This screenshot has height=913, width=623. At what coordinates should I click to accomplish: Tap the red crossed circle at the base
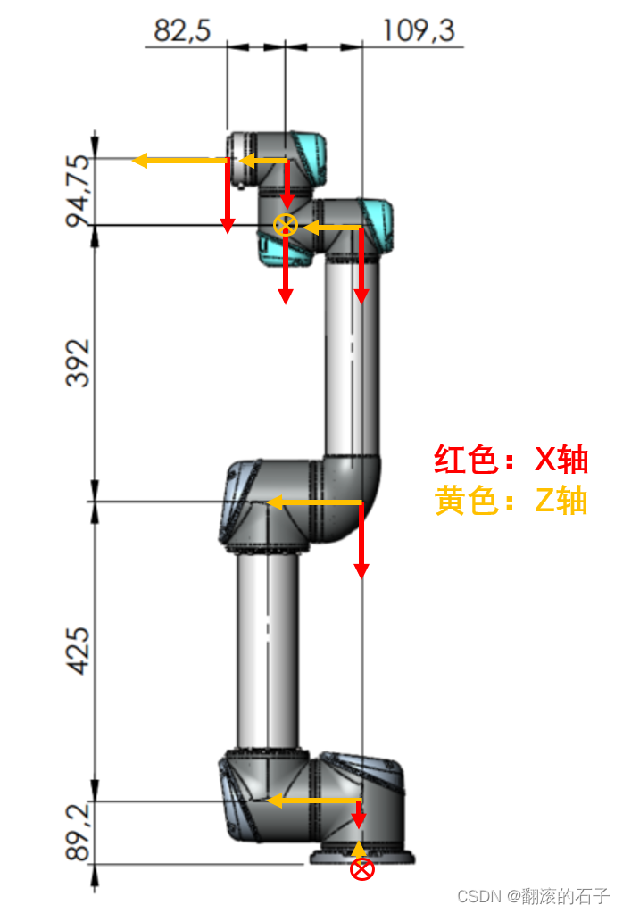point(361,869)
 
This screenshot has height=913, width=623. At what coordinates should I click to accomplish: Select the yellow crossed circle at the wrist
point(285,225)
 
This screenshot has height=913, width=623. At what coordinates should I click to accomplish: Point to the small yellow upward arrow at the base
point(360,847)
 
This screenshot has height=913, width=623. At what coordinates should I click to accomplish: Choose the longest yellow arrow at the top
point(179,161)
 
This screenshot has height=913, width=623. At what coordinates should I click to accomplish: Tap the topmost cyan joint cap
point(308,152)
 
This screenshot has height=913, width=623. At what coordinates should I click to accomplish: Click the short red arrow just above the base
point(361,813)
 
